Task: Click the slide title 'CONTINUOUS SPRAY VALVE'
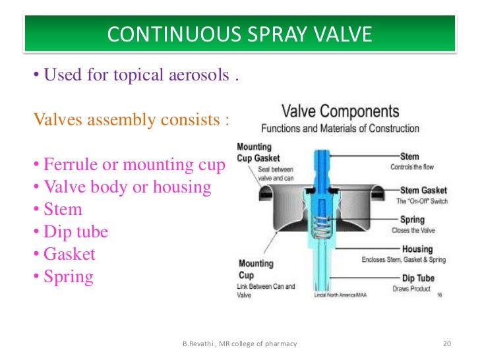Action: pos(239,34)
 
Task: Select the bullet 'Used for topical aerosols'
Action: pos(135,75)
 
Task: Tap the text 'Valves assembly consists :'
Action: pos(132,120)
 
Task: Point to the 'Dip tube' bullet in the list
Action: pos(71,232)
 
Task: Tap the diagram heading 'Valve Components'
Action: pos(340,111)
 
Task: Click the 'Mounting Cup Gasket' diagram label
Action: pos(258,153)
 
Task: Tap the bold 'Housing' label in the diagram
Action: pos(417,249)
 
